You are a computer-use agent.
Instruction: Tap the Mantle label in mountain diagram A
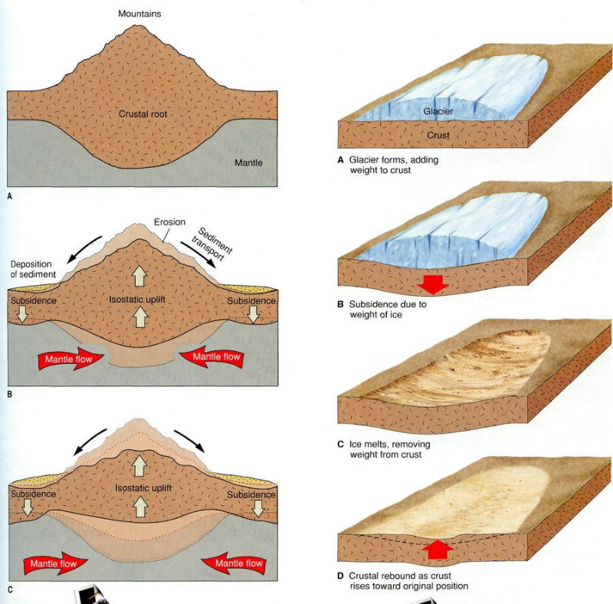(249, 162)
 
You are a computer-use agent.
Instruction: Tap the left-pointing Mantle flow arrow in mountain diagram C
(238, 563)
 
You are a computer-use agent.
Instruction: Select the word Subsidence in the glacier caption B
(375, 304)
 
